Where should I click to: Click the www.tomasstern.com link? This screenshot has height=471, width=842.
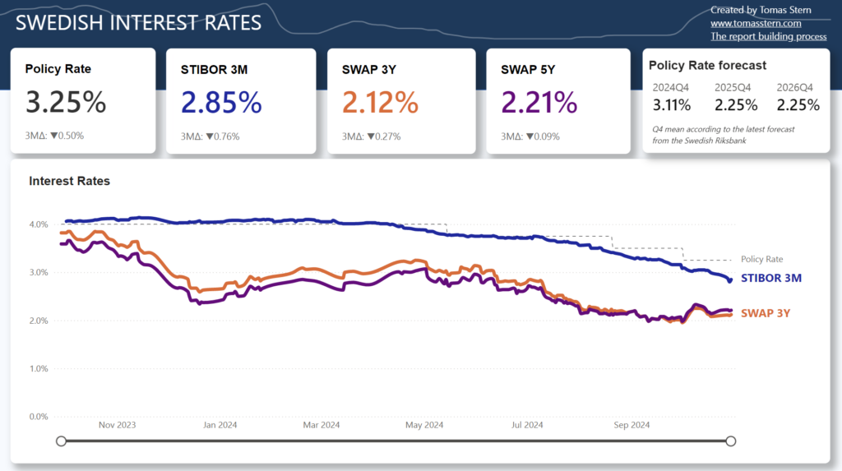click(x=756, y=23)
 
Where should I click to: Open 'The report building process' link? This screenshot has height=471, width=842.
click(x=769, y=36)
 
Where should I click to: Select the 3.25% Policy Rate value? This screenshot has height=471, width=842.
click(x=66, y=102)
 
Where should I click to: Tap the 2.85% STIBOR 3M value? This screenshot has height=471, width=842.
click(x=221, y=102)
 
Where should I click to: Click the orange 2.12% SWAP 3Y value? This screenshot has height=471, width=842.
click(x=380, y=102)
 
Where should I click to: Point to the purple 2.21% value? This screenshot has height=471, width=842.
click(x=539, y=102)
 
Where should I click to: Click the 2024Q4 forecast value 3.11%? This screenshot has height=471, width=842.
click(x=672, y=104)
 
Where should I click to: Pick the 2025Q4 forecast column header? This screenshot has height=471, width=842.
click(x=733, y=87)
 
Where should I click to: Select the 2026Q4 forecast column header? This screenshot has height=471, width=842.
click(x=795, y=87)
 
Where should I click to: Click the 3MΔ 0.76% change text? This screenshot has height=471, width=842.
click(x=210, y=136)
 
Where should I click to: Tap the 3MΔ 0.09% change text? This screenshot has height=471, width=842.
click(x=530, y=136)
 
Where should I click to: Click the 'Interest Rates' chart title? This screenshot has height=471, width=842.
click(x=69, y=181)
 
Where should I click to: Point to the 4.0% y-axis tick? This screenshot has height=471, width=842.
click(x=39, y=224)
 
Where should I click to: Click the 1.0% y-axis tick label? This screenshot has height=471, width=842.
click(x=39, y=368)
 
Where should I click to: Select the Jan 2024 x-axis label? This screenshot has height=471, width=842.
click(x=220, y=425)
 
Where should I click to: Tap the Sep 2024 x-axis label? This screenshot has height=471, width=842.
click(x=631, y=425)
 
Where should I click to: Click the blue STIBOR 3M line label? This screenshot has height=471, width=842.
click(x=771, y=278)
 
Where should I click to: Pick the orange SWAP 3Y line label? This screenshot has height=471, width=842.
click(x=766, y=313)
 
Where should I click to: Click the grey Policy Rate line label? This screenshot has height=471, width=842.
click(x=762, y=259)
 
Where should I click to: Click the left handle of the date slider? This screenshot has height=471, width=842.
click(x=61, y=441)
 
